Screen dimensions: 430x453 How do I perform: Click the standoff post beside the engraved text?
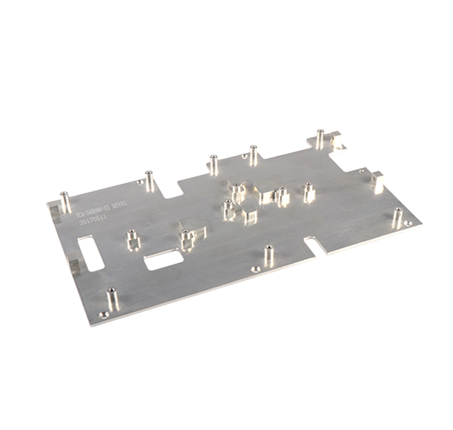pyautogui.click(x=65, y=202)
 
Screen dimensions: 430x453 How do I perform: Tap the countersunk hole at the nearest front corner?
pyautogui.click(x=104, y=314)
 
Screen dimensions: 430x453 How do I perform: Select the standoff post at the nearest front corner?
pyautogui.click(x=111, y=298)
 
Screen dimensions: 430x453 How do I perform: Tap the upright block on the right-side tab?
pyautogui.click(x=378, y=182)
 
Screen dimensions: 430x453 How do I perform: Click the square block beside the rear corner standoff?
pyautogui.click(x=338, y=141)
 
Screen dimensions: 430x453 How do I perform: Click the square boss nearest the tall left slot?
pyautogui.click(x=132, y=239)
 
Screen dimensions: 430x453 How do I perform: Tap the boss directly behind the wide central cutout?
pyautogui.click(x=186, y=239)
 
